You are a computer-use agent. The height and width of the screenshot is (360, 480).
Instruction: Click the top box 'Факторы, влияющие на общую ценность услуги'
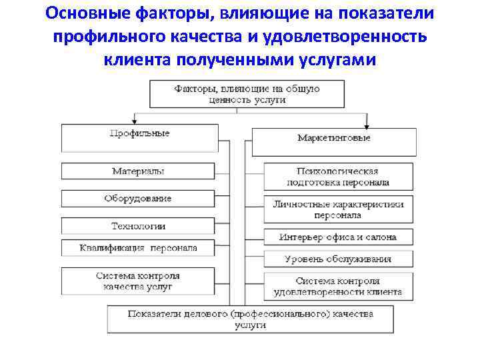[247, 94]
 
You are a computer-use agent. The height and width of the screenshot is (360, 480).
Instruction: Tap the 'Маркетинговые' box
[333, 138]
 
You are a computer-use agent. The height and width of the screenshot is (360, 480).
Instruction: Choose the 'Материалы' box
[138, 171]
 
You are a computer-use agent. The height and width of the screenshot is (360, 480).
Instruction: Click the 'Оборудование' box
[138, 199]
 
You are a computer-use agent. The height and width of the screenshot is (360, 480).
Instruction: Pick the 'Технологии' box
[138, 227]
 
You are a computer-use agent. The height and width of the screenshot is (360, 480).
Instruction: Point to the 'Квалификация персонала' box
[138, 248]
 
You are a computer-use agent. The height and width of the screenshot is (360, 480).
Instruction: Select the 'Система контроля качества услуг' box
[138, 281]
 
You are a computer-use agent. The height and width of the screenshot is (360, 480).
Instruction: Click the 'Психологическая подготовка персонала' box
[338, 177]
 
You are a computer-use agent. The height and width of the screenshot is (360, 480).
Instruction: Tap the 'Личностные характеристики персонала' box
[338, 209]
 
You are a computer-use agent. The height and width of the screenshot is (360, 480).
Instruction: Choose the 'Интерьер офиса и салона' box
[338, 237]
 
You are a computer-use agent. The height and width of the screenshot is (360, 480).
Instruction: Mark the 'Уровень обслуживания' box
[338, 259]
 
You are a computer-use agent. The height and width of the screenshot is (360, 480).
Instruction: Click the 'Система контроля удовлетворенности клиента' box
[338, 286]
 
